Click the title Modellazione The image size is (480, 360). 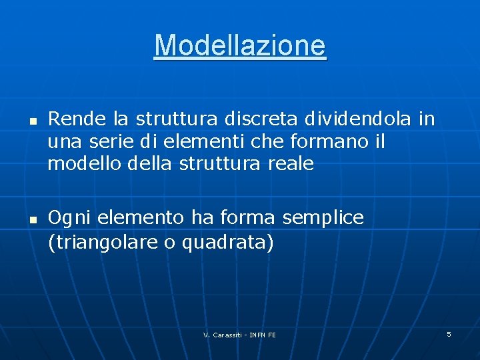(240, 46)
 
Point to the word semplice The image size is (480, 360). (323, 218)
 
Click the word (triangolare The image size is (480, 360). (103, 243)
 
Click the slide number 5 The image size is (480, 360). (449, 333)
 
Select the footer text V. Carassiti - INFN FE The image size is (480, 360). (239, 335)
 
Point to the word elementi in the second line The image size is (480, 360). (202, 141)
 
